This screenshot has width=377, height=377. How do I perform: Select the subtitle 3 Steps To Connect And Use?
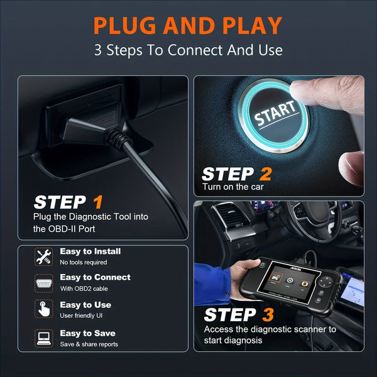188,50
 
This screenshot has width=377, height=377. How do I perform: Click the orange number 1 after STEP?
97,202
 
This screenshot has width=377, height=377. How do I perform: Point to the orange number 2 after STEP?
265,174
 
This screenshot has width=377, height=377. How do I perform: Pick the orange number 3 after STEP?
268,315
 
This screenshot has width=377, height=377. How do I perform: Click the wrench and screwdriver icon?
43,256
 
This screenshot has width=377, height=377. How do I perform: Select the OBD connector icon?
43,282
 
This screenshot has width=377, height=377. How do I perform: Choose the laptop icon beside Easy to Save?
43,338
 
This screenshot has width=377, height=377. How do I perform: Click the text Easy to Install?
90,251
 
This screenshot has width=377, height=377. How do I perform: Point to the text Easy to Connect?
95,277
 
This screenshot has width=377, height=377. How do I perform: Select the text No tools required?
84,262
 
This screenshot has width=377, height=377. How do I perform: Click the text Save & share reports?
89,344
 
